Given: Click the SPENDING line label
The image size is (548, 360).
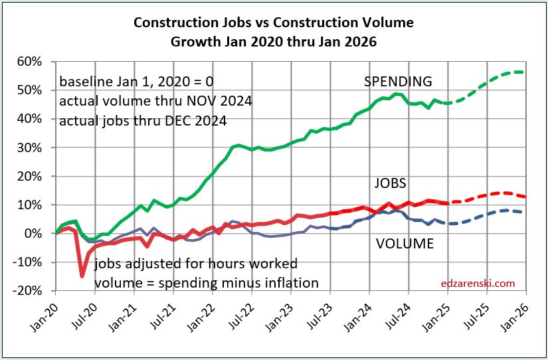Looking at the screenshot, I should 398,82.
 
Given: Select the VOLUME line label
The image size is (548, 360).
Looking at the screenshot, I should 405,244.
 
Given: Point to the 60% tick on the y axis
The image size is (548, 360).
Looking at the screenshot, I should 30,62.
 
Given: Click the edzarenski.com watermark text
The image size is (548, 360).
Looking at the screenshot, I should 478,284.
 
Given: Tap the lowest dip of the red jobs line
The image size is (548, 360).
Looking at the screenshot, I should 82,276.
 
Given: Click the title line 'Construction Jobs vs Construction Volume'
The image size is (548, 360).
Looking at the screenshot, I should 274,23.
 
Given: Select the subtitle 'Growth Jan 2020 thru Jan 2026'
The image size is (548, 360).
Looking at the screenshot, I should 274,41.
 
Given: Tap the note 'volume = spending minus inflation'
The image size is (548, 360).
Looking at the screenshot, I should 206,283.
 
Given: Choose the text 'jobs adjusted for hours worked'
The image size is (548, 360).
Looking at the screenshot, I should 196,263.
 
